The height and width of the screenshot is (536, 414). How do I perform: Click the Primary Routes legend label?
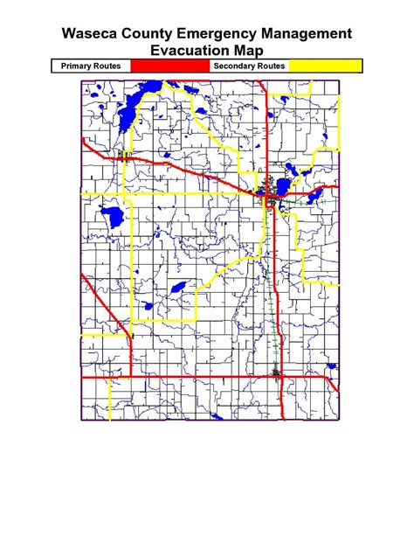[x=90, y=66]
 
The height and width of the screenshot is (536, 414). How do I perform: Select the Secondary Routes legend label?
[x=249, y=66]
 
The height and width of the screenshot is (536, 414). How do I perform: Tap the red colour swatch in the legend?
[x=170, y=66]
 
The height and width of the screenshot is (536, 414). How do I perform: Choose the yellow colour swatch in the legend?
[x=325, y=66]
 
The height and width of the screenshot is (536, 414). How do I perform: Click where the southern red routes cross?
[x=276, y=377]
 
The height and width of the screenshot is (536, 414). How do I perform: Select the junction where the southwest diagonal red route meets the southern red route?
[x=130, y=377]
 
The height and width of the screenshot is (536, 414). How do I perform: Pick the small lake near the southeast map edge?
[x=330, y=366]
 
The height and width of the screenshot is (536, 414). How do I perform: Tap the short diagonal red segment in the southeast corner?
[x=333, y=384]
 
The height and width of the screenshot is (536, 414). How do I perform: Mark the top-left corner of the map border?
[x=81, y=81]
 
